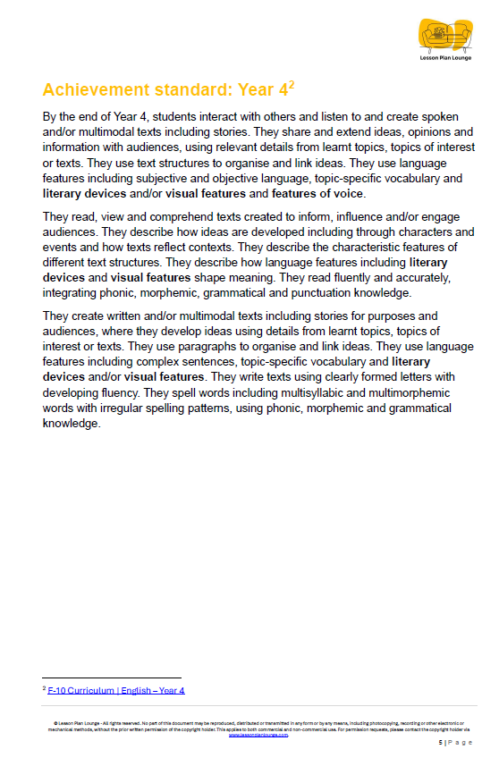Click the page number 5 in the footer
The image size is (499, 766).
(439, 744)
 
